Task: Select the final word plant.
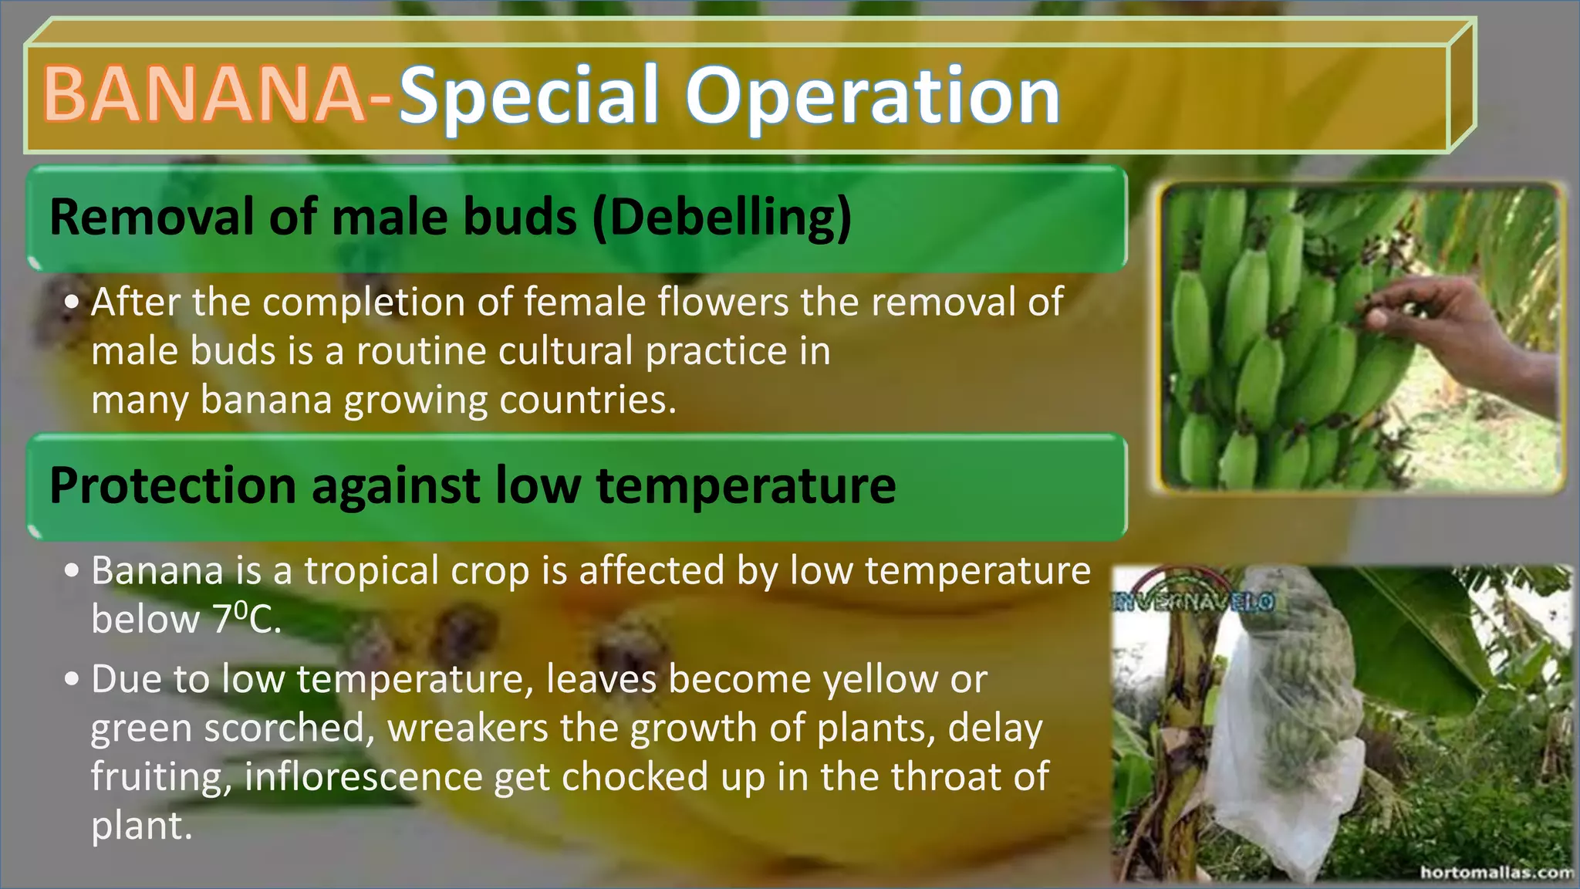[x=140, y=826]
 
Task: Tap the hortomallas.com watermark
[x=1497, y=872]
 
